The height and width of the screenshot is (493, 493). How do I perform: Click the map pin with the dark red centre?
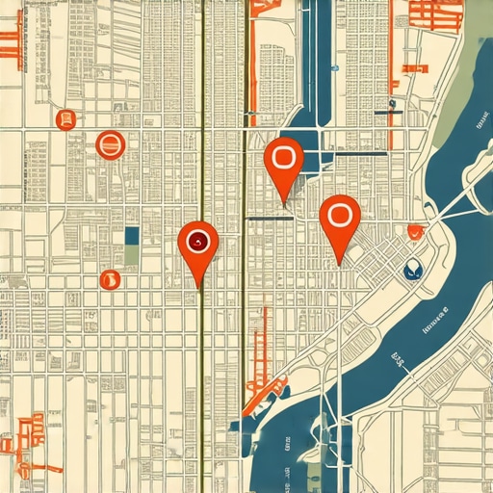click(198, 242)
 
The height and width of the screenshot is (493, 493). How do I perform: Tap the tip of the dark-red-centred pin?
click(199, 287)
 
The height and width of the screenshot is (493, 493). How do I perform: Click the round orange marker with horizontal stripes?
click(111, 145)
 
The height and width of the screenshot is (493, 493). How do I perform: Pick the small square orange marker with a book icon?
click(65, 120)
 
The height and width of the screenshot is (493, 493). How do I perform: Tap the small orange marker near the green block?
click(109, 280)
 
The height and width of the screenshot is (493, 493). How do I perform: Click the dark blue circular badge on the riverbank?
click(413, 270)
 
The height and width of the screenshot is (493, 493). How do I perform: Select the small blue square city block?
click(132, 236)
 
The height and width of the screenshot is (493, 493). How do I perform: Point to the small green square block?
click(132, 255)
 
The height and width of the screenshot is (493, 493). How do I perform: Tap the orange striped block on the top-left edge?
click(10, 39)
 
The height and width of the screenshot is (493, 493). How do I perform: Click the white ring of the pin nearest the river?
click(338, 214)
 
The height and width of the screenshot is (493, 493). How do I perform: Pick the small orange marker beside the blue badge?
click(415, 231)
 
